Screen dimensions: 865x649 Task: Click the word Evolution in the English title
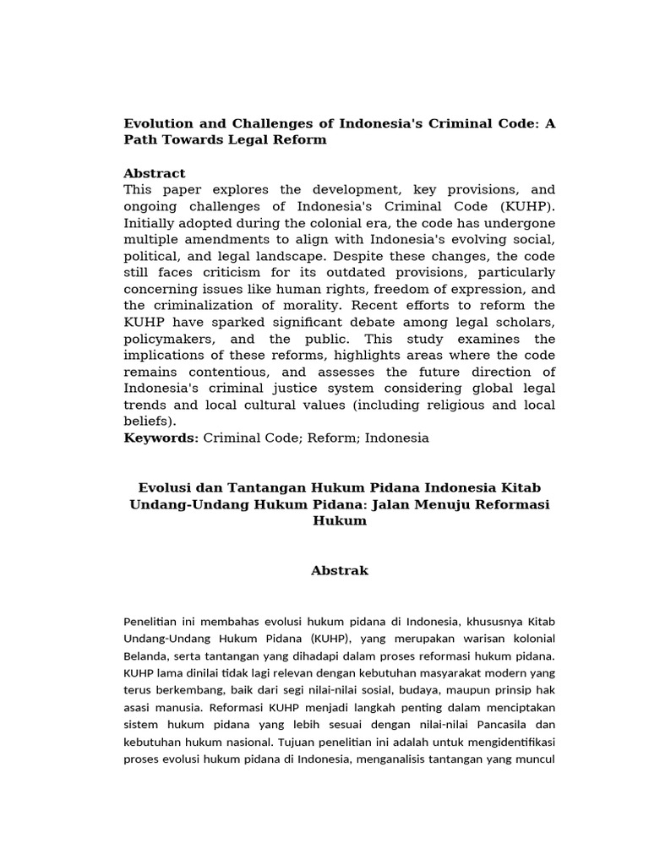[157, 123]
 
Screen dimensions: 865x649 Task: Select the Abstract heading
[155, 173]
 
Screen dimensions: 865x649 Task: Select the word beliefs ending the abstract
[148, 421]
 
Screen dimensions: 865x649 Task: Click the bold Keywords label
[161, 438]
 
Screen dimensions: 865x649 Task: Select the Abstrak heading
[340, 571]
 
